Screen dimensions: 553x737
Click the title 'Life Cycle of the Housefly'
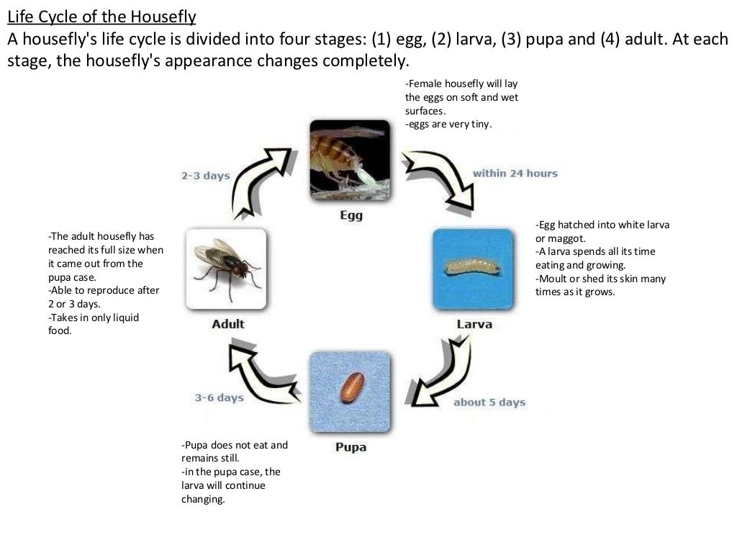pos(101,15)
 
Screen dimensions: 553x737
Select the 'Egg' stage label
pos(351,215)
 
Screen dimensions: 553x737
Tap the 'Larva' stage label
pos(474,324)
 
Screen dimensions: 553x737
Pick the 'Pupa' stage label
pos(351,447)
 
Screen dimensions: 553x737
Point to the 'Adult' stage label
pos(227,324)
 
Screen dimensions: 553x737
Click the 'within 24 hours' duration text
pos(515,174)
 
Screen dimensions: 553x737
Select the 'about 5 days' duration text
pos(489,403)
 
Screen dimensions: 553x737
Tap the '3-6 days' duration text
pos(219,397)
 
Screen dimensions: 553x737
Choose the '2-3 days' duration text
pos(205,176)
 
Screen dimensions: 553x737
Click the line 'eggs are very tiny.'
pos(448,125)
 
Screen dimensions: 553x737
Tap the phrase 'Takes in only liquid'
pos(94,318)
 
